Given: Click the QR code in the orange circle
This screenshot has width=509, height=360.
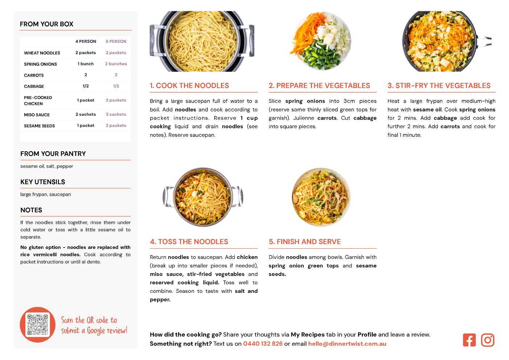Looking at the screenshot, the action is point(37,324).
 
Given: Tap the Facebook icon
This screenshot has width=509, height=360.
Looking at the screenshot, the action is point(469,340).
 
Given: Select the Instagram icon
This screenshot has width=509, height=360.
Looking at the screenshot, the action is point(488,340).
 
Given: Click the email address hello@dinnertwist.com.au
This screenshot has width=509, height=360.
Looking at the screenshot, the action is point(347,344).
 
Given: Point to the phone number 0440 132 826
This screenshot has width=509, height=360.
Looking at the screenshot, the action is point(263,344).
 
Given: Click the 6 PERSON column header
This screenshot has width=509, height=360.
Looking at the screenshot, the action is point(116,41).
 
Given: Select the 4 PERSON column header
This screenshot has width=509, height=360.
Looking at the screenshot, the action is point(86,41).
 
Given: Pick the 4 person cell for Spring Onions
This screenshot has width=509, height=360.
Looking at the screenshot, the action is point(86,64).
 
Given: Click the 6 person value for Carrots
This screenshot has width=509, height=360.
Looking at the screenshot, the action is point(116,75).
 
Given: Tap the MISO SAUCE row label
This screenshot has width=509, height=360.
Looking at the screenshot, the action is point(37,115).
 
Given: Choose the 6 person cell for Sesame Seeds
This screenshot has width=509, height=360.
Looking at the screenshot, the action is point(116,126).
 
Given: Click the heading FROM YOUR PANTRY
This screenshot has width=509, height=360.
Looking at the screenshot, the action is point(53,154).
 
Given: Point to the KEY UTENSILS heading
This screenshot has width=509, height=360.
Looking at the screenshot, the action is point(43,182).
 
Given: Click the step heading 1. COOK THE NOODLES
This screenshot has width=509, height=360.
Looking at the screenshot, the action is point(189,85).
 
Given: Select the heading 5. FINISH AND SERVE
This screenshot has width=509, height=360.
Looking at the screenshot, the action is point(305,242).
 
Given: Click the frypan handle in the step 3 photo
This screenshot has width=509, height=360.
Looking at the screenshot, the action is point(484,42).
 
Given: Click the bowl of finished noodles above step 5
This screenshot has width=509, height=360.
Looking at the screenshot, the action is point(321,197).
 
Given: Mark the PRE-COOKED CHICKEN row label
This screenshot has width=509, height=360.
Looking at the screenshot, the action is point(38,101).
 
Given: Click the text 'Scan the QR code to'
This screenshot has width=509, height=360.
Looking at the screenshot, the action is point(89,320).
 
